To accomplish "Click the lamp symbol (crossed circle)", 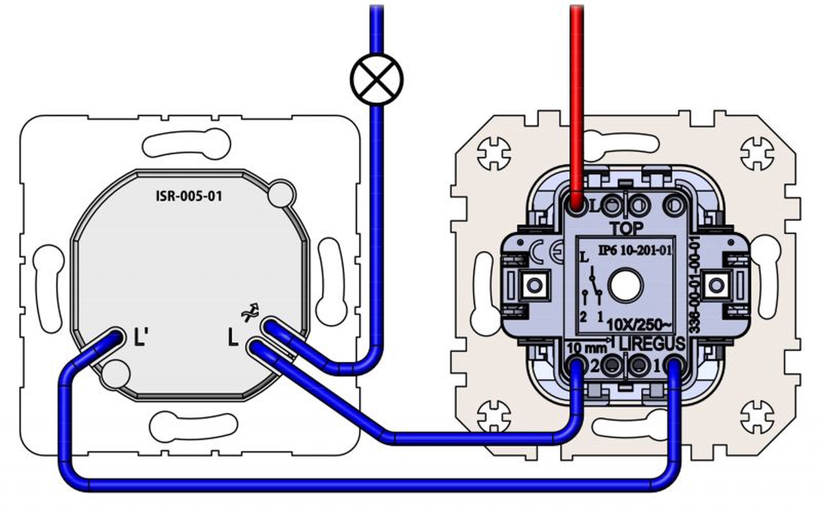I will [376, 79].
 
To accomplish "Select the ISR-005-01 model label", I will [189, 196].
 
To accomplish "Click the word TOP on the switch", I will [626, 229].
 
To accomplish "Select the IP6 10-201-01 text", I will [635, 250].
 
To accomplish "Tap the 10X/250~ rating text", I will [639, 325].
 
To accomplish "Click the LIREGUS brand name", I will [652, 344].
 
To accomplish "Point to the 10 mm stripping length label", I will [586, 348].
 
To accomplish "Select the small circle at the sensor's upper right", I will [281, 194].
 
